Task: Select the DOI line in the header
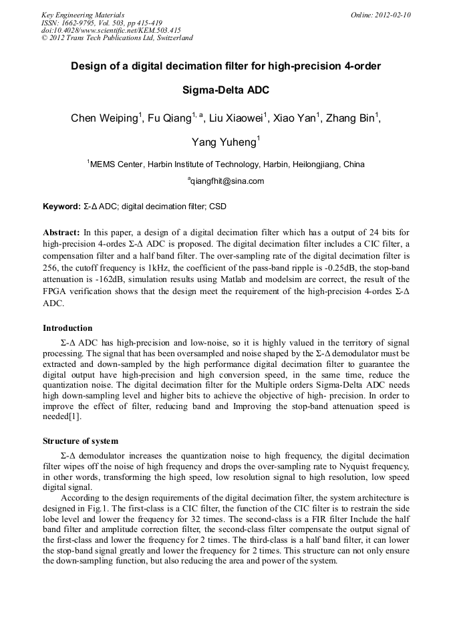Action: point(111,30)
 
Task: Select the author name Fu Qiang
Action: point(169,119)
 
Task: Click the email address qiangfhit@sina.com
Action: point(227,181)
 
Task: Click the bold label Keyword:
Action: point(61,207)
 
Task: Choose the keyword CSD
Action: point(218,207)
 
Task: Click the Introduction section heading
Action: point(67,328)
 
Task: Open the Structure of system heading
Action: point(80,441)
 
